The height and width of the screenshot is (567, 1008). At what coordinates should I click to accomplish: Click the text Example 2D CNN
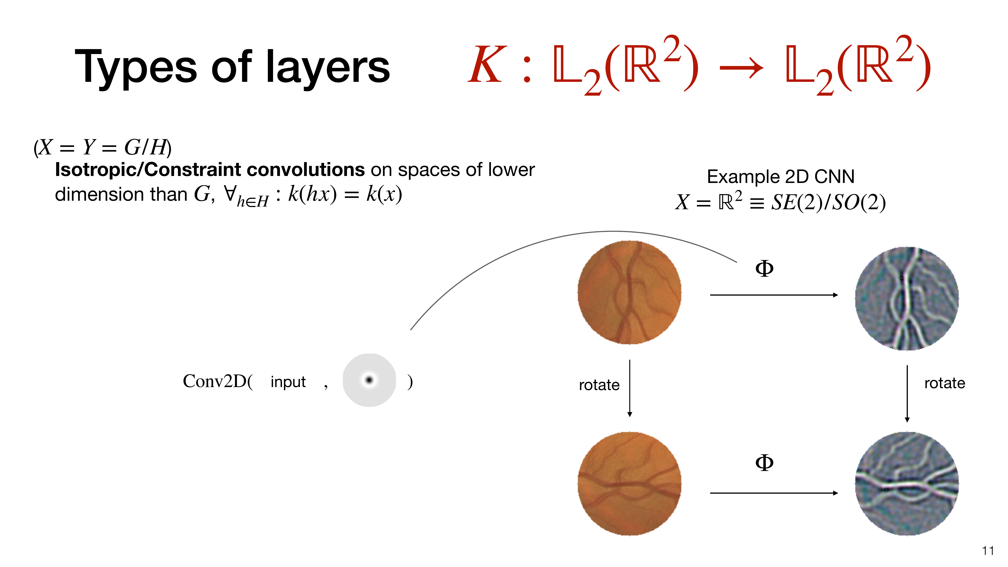click(x=781, y=177)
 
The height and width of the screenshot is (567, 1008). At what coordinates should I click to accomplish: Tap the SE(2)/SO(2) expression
click(x=828, y=202)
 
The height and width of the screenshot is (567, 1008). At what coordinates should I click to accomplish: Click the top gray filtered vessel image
click(x=907, y=299)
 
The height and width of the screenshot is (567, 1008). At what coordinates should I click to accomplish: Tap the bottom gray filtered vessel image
click(x=907, y=484)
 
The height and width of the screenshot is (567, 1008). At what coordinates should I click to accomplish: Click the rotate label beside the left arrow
click(x=599, y=385)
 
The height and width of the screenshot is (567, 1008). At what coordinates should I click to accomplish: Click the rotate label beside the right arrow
click(x=945, y=383)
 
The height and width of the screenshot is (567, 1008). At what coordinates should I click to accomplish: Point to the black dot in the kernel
click(x=369, y=380)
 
